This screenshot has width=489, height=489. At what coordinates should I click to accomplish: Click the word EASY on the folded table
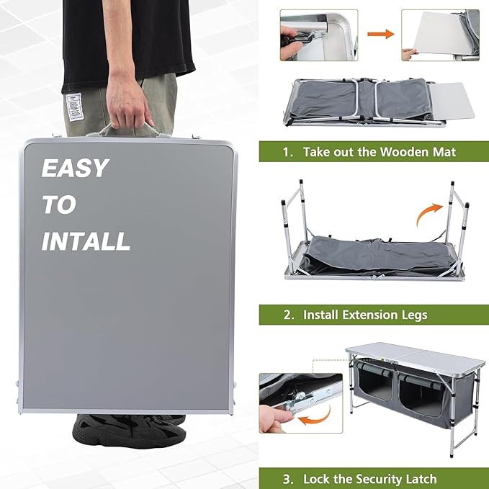pos(75,169)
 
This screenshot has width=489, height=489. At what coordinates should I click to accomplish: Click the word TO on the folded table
pos(58,205)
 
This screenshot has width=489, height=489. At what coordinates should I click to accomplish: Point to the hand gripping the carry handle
pos(128,101)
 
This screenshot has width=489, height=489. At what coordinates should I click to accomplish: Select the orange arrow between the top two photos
pos(380,34)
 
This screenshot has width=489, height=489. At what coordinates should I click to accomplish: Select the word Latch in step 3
pos(420,478)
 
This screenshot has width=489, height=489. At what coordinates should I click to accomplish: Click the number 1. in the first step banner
pos(288,152)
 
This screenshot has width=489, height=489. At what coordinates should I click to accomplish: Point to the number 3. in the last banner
pos(288,478)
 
